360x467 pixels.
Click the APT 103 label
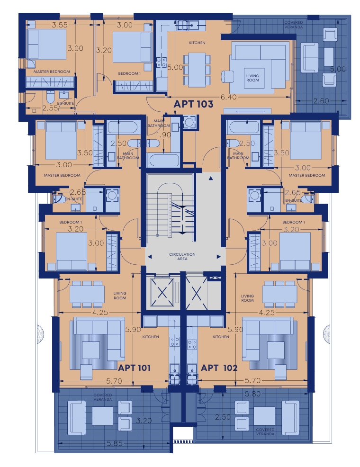click(x=193, y=104)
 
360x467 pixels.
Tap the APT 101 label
click(x=134, y=368)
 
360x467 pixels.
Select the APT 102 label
click(x=219, y=368)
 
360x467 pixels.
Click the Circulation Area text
click(x=182, y=256)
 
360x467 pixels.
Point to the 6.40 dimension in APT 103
click(x=228, y=97)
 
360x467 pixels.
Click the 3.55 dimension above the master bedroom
click(x=60, y=25)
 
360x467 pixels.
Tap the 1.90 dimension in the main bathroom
click(x=163, y=135)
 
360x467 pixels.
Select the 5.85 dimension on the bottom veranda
click(x=114, y=443)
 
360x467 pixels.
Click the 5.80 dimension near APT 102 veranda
click(x=252, y=394)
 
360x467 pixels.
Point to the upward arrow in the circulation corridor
click(x=211, y=179)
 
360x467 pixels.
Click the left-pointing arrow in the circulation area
click(x=150, y=257)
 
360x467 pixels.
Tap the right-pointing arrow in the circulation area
click(x=219, y=257)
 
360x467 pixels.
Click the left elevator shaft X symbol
click(x=162, y=293)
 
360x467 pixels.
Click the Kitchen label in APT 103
click(x=197, y=43)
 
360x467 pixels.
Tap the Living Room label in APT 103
click(x=252, y=78)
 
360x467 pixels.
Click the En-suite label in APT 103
click(x=65, y=103)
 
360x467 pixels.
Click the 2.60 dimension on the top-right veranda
click(x=321, y=101)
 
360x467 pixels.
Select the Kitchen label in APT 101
click(x=151, y=337)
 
